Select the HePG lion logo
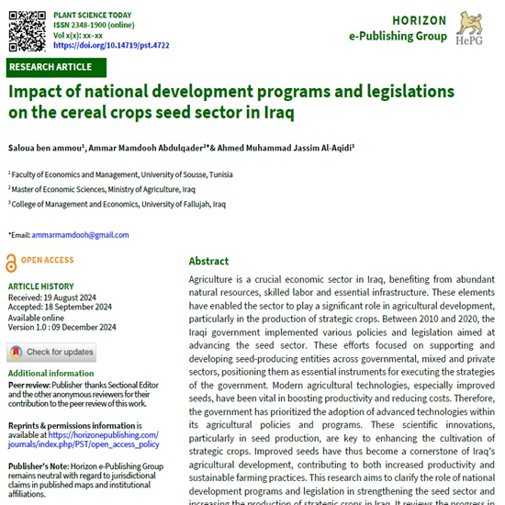click(475, 28)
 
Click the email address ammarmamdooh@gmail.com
click(75, 235)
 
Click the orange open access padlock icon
click(12, 260)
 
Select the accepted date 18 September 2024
click(82, 307)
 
